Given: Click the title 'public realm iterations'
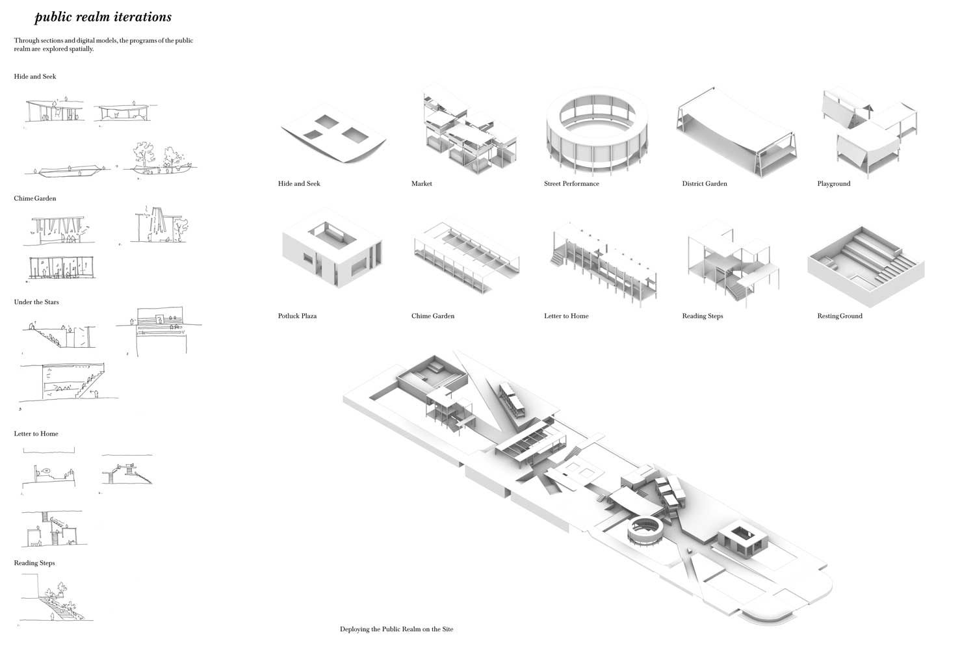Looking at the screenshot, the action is pos(103,17).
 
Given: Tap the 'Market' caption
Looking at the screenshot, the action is pos(422,184).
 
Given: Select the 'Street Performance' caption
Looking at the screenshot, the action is pos(571,184).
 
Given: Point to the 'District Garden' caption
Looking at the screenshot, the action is pos(704,184).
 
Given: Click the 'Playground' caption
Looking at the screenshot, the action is pos(833,184).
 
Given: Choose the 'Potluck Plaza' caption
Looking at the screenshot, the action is pos(297,316).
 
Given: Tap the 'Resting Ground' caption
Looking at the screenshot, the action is pos(840,316).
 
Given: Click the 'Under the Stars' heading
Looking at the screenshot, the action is pos(36,302).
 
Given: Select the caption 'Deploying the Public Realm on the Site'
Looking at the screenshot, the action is pos(396,629).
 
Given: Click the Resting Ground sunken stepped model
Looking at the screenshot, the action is pos(866,266).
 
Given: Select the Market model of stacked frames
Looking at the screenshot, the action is pos(470,131).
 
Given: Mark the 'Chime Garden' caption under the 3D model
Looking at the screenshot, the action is pos(433,316).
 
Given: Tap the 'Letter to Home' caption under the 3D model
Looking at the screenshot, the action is pos(566,316).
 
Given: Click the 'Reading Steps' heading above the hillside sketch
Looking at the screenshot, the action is pos(34,563).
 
